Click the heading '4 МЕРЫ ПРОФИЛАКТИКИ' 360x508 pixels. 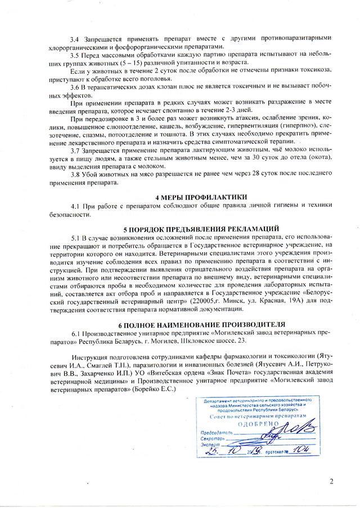[x=201, y=197]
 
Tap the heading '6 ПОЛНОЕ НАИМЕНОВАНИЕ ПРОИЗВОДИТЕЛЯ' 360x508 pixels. [x=201, y=324]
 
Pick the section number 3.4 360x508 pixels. [x=75, y=38]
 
